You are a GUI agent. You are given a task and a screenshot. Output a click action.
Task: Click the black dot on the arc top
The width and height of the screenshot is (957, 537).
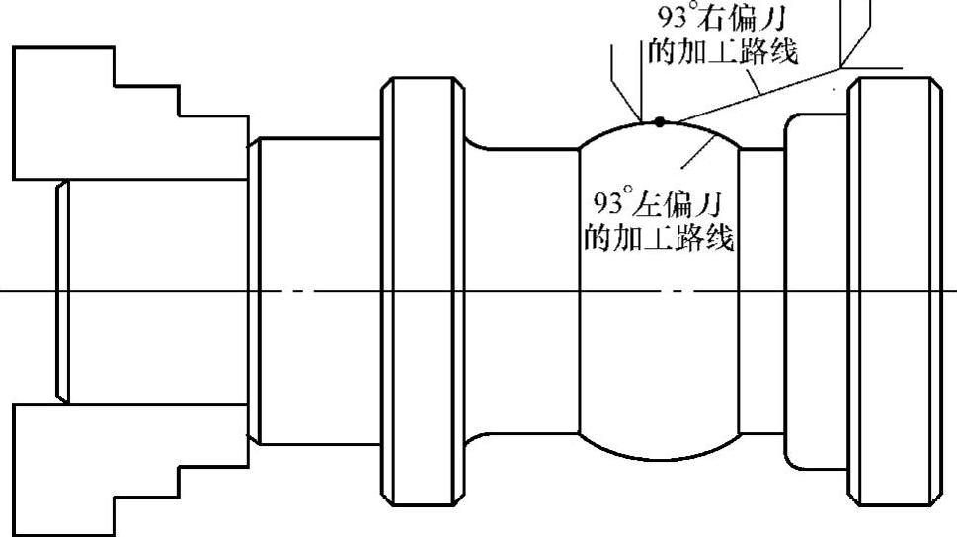660,121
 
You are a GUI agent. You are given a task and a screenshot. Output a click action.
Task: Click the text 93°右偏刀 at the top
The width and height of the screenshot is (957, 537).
717,19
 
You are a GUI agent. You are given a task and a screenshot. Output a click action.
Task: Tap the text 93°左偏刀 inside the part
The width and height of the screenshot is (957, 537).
653,204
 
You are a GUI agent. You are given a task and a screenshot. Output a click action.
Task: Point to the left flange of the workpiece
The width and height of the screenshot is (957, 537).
423,292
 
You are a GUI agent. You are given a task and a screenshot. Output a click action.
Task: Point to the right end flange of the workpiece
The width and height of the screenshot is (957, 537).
891,292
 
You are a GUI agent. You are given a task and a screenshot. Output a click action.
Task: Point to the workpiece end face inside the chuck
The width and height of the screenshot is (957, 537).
61,292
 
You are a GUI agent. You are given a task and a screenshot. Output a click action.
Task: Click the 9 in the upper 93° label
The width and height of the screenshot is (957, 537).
665,19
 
